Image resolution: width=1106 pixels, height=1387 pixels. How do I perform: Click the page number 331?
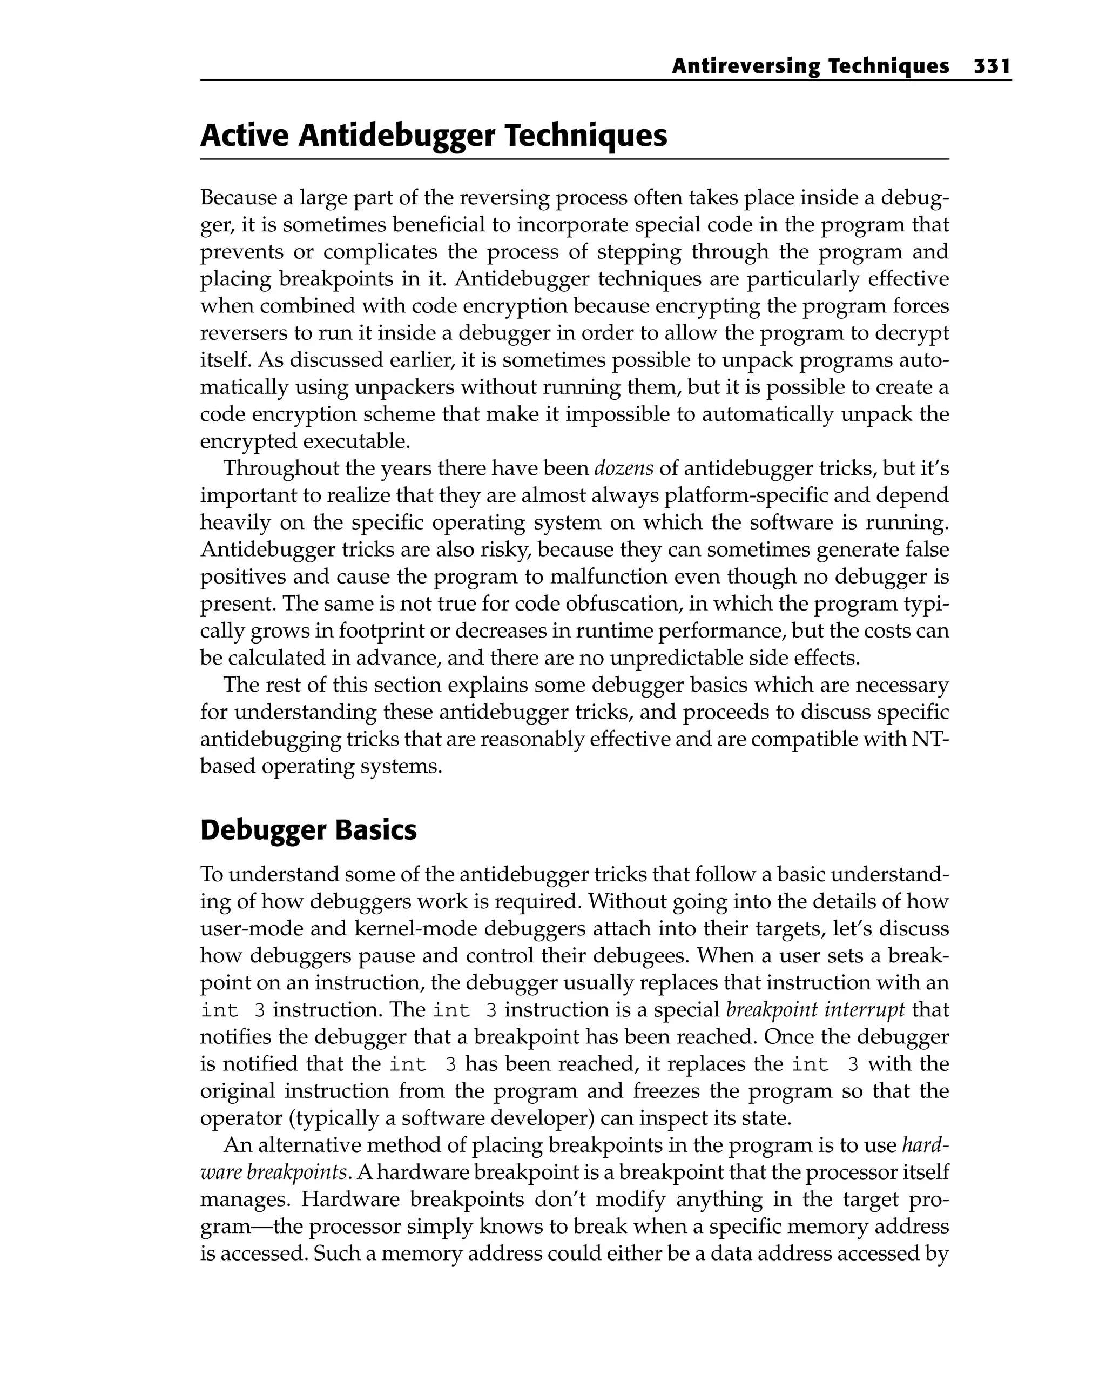(x=992, y=66)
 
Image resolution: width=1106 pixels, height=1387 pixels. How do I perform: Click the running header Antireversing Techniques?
(x=810, y=66)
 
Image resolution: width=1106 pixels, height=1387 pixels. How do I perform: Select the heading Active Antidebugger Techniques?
(x=434, y=136)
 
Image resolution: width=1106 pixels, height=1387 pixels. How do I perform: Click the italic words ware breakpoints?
(x=274, y=1172)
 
